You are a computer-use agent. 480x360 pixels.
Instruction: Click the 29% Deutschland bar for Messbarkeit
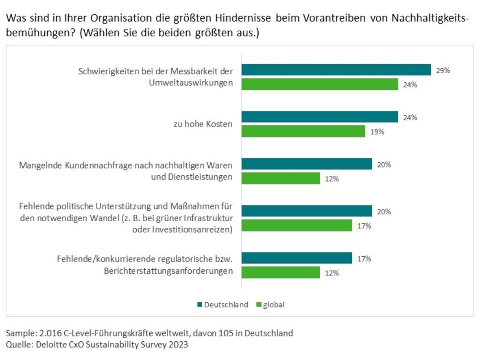pos(336,70)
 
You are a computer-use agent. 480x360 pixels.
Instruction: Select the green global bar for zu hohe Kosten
pos(303,131)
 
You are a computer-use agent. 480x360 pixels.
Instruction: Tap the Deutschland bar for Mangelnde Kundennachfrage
pos(307,164)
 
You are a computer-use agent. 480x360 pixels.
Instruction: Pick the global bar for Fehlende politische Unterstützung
pos(297,225)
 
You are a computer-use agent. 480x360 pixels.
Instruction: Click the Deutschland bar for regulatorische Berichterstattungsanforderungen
pos(297,258)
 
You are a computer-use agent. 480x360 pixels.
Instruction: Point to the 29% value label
pos(443,70)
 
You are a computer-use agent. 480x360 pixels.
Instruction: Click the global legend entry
pos(273,305)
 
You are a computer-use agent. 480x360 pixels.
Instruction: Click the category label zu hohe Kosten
pos(203,124)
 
